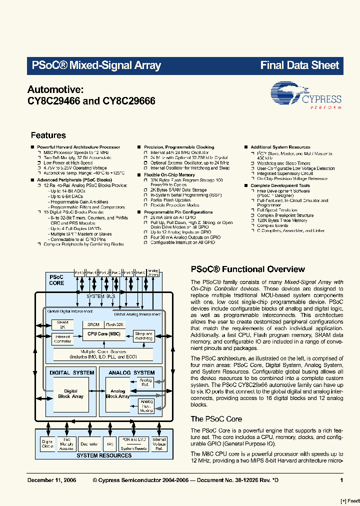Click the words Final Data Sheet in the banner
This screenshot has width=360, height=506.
(299, 65)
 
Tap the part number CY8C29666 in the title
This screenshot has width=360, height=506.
(129, 100)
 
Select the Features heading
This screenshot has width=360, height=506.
(48, 135)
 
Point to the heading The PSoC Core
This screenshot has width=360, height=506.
(216, 419)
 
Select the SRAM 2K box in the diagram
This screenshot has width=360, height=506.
(62, 324)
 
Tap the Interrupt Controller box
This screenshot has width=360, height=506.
(62, 339)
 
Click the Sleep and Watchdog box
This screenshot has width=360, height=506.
(143, 336)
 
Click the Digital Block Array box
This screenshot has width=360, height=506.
(71, 394)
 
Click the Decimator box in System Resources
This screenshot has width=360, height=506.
(89, 443)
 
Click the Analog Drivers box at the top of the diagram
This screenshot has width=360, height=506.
(153, 272)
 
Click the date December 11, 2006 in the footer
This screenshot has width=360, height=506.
(51, 480)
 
